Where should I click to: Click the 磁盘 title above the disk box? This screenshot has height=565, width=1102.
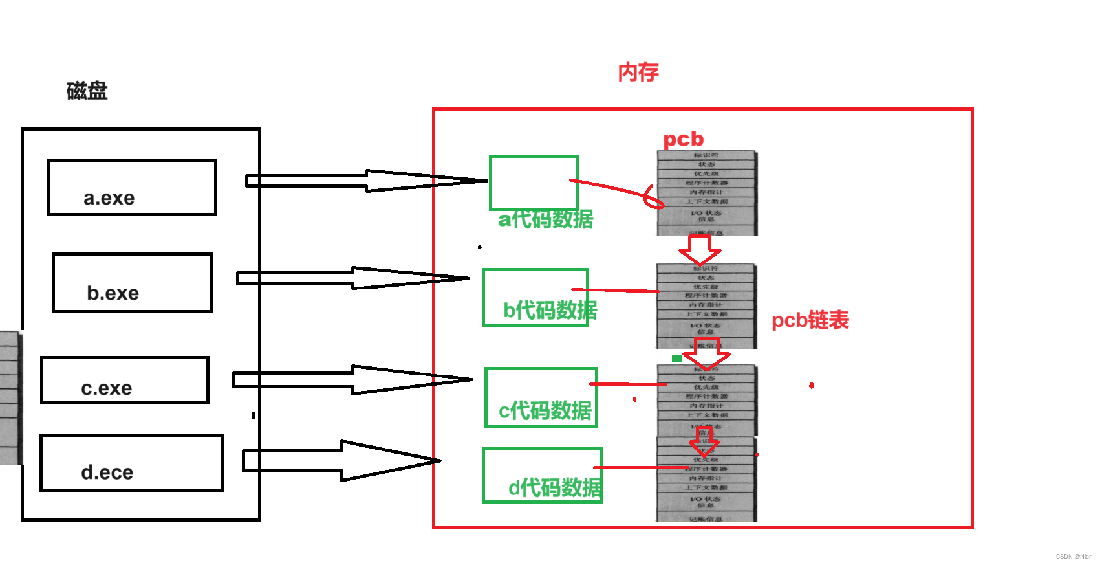87,91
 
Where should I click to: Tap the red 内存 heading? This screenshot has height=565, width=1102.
638,72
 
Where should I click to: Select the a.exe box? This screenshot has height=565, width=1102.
131,187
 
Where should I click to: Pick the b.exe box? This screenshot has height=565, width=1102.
132,283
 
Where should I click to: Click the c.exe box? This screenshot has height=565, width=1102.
125,380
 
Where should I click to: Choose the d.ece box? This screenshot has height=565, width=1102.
131,463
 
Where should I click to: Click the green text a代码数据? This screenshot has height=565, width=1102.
545,219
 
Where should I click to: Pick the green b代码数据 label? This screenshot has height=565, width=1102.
550,310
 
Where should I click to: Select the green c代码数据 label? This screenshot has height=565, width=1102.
545,410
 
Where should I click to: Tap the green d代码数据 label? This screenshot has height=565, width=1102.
555,487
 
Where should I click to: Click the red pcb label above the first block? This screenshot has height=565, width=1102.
683,139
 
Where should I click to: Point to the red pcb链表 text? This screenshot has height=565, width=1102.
810,320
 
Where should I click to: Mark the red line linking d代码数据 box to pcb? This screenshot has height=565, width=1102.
640,467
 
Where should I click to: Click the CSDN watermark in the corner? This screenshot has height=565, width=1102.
1074,557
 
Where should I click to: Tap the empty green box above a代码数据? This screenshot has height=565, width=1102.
534,182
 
